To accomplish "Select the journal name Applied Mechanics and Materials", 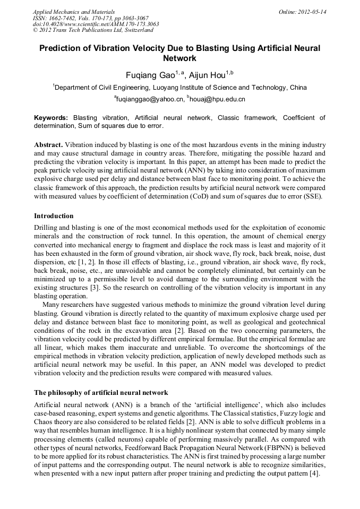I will [74, 11].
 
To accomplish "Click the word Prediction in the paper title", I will [63, 48].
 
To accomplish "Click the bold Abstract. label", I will [49, 144].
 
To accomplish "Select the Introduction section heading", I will [54, 216].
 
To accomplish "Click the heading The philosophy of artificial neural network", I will [101, 393].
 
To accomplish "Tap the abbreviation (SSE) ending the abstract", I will [307, 196].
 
